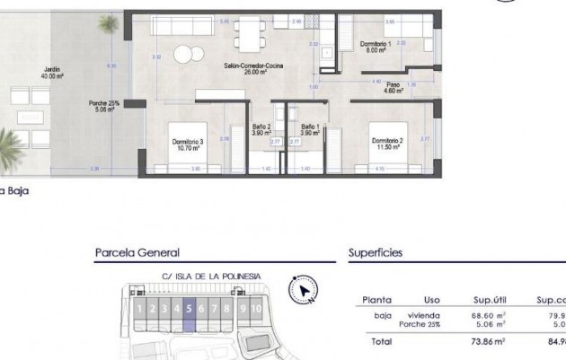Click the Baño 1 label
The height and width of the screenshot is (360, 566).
(x=310, y=128)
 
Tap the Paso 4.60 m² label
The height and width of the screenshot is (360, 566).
(x=394, y=87)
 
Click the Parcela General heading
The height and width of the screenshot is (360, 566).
(x=137, y=254)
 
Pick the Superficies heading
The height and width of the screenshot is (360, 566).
(x=375, y=254)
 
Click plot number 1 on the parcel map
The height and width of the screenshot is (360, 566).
(x=140, y=309)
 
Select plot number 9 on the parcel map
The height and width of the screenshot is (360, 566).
(x=243, y=309)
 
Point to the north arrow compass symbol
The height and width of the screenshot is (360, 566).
(x=304, y=289)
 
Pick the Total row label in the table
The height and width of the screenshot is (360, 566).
(x=380, y=341)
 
